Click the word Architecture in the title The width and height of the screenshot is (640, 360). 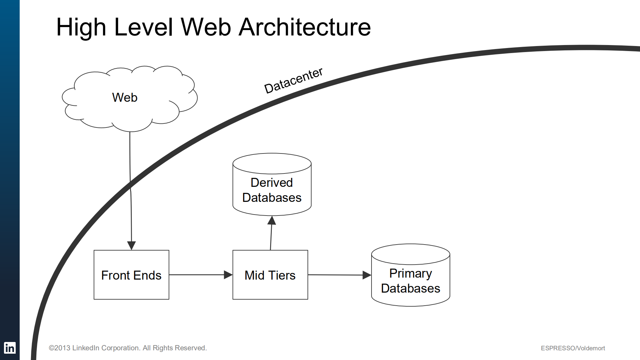[x=304, y=27]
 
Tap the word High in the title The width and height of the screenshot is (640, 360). [x=81, y=27]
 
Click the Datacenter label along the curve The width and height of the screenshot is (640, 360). [x=293, y=80]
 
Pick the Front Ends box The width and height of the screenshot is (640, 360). [x=131, y=275]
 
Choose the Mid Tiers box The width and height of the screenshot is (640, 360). [x=270, y=275]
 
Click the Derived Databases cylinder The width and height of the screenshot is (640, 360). [x=272, y=190]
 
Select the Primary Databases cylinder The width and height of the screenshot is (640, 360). [x=411, y=281]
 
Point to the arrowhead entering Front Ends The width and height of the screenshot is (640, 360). [x=131, y=246]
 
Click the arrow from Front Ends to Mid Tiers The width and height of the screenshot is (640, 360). [x=198, y=275]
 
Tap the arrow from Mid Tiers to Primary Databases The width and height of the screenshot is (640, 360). [x=337, y=275]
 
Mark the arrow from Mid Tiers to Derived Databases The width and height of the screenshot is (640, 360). [x=271, y=234]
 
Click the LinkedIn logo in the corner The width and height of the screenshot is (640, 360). [x=10, y=348]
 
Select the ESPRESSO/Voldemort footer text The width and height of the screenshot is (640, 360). [x=573, y=348]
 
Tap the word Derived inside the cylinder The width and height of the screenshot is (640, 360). [x=271, y=183]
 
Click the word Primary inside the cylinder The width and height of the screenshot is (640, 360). [x=411, y=273]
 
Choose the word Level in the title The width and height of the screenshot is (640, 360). [x=143, y=27]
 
